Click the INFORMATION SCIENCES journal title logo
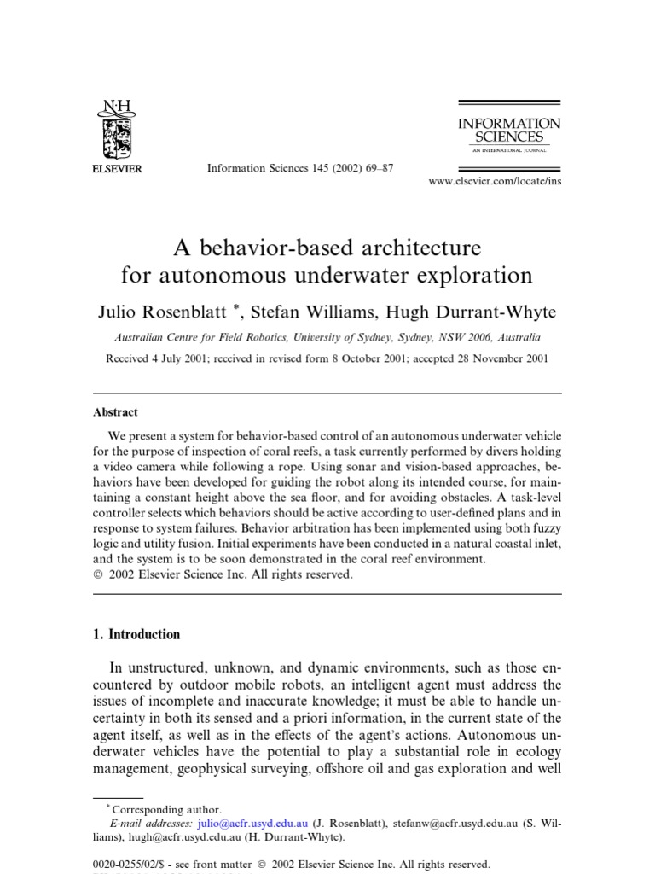coord(508,131)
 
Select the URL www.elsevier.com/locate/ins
coord(495,181)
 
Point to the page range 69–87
coord(375,169)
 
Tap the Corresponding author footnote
coord(167,809)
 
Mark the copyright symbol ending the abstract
coord(97,574)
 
